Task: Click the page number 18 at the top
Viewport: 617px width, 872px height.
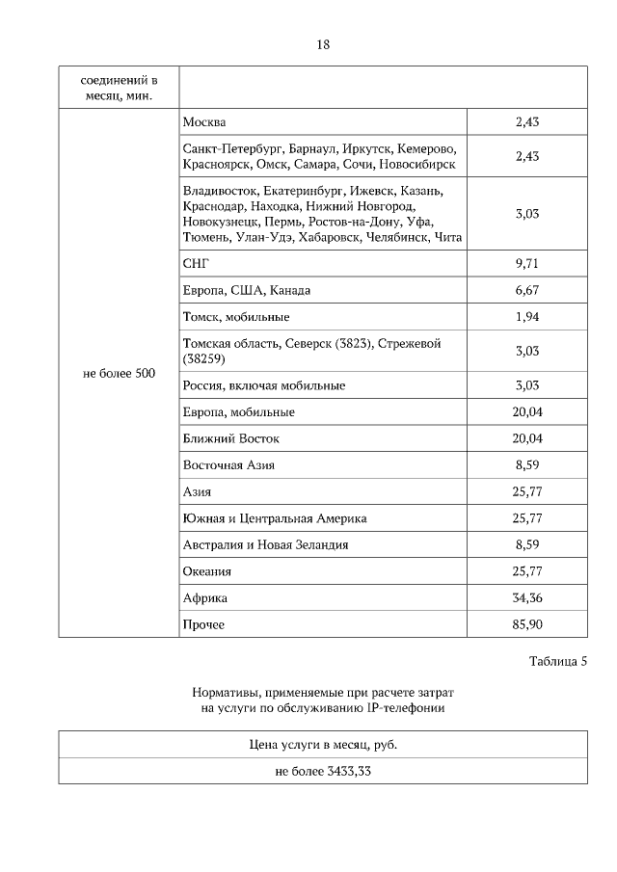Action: tap(323, 44)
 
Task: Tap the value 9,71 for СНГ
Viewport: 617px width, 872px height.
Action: tap(526, 263)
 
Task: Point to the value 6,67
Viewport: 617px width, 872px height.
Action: tap(526, 290)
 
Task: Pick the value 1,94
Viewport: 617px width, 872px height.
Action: tap(526, 316)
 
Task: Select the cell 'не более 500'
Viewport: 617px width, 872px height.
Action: tap(120, 373)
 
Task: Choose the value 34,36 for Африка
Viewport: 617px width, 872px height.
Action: tap(526, 598)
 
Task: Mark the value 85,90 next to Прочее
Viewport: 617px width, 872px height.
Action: tap(526, 624)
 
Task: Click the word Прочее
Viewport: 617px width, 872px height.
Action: tap(203, 624)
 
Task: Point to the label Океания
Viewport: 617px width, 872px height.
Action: tap(207, 571)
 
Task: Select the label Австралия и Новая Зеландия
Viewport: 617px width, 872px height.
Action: tap(265, 544)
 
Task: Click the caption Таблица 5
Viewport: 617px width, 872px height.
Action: tap(557, 661)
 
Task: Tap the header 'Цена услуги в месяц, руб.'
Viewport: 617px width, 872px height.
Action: tap(323, 745)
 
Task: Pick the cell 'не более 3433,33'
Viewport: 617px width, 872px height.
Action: tap(323, 771)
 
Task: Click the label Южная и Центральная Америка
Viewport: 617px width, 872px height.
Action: tap(275, 518)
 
